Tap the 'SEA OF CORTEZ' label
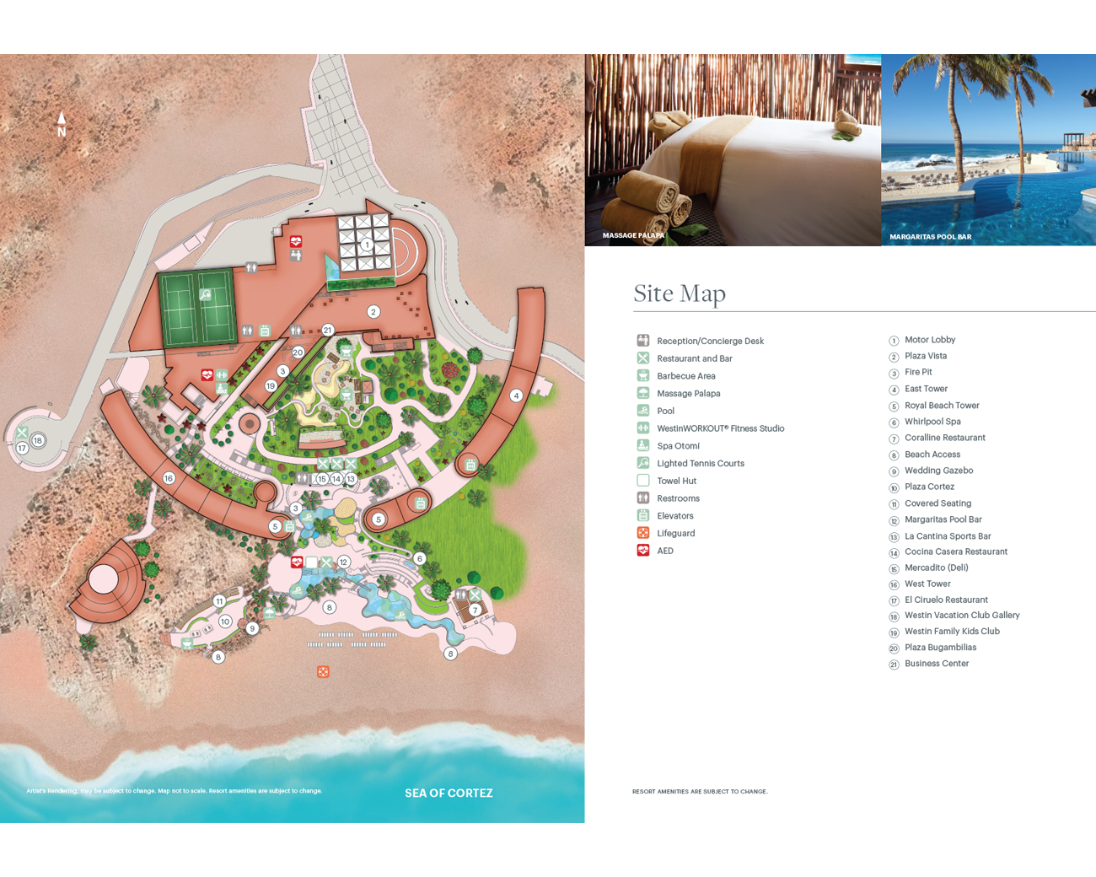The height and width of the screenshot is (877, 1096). tap(449, 794)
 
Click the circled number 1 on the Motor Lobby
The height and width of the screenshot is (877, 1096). tap(367, 245)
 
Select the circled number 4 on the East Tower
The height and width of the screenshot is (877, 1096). tap(516, 395)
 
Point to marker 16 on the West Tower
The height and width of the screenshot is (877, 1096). tap(169, 478)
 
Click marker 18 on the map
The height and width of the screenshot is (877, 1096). tap(38, 440)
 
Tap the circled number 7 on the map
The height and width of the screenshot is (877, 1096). tap(475, 610)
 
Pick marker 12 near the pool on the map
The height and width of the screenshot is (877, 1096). tap(343, 562)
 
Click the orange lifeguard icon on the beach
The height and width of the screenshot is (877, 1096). tap(323, 672)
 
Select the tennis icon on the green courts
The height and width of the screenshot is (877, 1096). tap(205, 295)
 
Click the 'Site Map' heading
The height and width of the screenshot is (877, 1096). tap(680, 293)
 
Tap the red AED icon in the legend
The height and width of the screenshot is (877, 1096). tap(643, 551)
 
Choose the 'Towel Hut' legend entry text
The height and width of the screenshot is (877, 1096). tap(676, 481)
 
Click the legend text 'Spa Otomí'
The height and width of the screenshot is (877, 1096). tap(678, 446)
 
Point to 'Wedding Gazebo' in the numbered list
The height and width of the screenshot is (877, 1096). tap(938, 471)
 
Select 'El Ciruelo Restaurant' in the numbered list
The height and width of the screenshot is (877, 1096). tap(946, 600)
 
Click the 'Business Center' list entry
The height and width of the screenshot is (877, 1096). tap(937, 664)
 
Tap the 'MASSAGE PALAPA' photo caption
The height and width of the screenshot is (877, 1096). tap(633, 235)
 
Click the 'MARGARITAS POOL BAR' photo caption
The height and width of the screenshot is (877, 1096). tap(930, 237)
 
